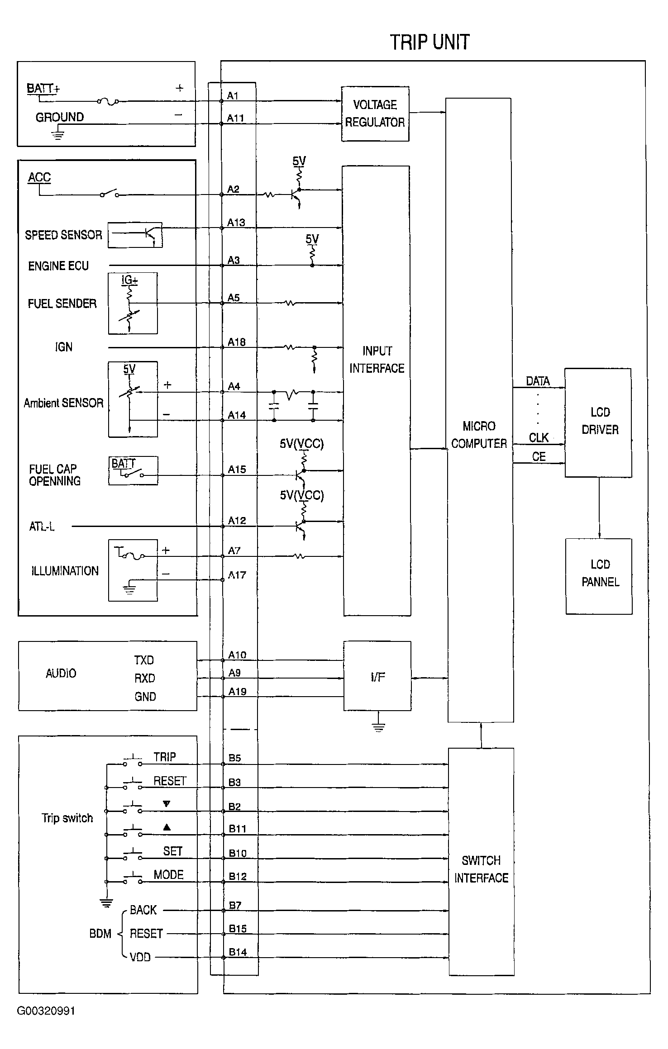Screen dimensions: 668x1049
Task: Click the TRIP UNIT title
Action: (429, 42)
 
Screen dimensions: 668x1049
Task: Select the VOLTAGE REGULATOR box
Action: (375, 114)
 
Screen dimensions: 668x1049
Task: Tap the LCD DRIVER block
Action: (598, 422)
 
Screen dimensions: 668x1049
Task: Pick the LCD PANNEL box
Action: (599, 576)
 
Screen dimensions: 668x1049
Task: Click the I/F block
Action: (377, 676)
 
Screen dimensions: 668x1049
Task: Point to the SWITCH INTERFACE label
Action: (481, 869)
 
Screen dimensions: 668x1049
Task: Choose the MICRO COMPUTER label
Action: (479, 435)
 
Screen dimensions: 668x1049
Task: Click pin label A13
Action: (236, 223)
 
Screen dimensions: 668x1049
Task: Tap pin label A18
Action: (236, 342)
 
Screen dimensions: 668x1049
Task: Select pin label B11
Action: (237, 829)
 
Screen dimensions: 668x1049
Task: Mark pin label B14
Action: (238, 952)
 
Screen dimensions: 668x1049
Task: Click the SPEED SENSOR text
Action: (63, 235)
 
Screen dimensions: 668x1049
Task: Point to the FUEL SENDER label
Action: (62, 303)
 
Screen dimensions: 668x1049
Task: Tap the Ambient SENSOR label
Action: (63, 403)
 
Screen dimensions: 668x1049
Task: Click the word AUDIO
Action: (61, 673)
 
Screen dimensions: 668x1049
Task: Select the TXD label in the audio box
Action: (144, 660)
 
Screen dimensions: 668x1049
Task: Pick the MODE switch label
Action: (168, 874)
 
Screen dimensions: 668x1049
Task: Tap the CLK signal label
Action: (539, 437)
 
